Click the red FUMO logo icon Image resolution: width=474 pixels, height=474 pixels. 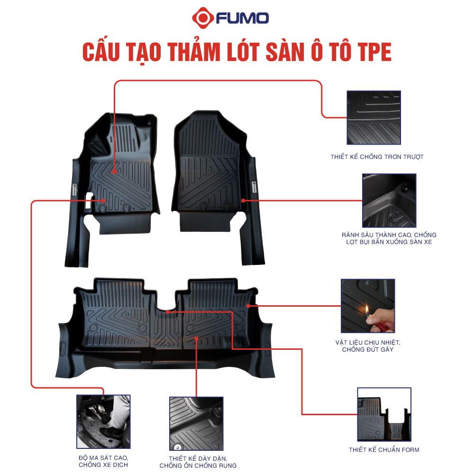click(203, 18)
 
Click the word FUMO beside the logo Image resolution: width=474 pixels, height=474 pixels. click(242, 18)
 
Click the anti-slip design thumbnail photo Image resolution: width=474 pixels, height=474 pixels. click(374, 118)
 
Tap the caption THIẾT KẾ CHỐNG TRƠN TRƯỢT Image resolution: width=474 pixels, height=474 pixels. click(377, 156)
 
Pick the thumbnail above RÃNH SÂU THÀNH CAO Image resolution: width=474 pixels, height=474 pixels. click(389, 201)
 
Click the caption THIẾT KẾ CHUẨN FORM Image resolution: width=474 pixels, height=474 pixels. click(384, 449)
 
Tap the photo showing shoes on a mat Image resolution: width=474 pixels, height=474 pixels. click(103, 421)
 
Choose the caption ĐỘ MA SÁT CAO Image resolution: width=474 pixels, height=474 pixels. click(103, 458)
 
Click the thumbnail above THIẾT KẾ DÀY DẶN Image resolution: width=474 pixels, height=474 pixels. click(196, 423)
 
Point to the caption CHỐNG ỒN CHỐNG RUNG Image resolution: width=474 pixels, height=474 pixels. click(198, 465)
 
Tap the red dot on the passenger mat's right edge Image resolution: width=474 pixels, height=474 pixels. click(243, 201)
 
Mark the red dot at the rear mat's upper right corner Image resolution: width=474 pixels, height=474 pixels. click(248, 306)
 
